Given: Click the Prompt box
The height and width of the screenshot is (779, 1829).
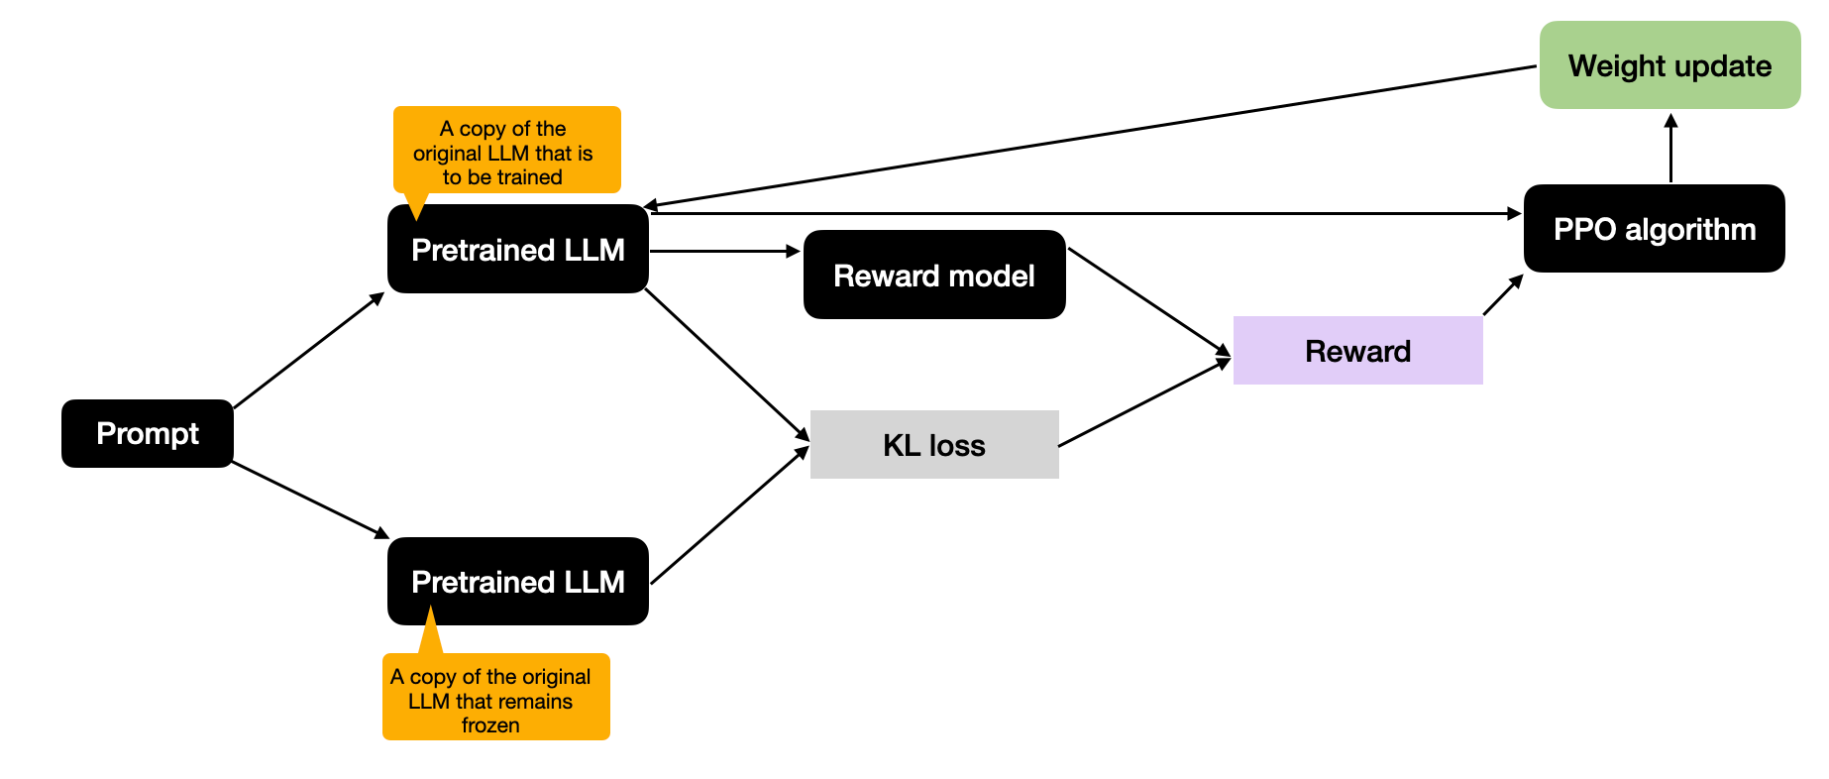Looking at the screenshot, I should click(147, 433).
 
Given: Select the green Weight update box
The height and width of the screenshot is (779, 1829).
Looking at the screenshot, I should click(1669, 65).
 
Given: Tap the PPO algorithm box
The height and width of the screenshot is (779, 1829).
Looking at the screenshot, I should click(1654, 229).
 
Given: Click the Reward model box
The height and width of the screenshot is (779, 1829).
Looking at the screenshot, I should click(933, 275).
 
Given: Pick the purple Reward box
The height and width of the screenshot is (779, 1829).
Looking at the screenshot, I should click(1357, 351).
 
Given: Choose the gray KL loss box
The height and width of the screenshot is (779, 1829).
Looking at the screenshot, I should click(933, 445).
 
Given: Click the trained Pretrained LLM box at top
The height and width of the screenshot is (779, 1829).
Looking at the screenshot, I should click(517, 250).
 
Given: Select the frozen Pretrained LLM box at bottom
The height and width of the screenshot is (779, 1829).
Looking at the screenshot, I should click(517, 582).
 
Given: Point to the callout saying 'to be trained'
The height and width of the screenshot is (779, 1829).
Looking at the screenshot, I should click(506, 151).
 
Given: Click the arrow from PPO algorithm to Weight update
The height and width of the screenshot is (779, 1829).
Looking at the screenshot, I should click(1670, 149).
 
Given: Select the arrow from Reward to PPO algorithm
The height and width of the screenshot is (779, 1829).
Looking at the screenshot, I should click(1502, 295).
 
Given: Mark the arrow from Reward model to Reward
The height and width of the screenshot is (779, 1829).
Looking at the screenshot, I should click(1149, 301).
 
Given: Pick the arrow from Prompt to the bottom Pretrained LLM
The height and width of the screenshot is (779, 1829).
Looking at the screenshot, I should click(310, 500).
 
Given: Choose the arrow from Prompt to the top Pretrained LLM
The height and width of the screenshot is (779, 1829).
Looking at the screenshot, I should click(308, 351).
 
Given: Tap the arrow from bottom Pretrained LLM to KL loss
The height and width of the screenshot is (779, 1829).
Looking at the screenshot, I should click(729, 516).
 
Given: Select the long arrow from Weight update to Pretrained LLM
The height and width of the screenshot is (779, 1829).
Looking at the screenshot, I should click(1090, 137).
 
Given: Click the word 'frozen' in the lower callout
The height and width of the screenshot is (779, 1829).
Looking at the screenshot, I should click(490, 725).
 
